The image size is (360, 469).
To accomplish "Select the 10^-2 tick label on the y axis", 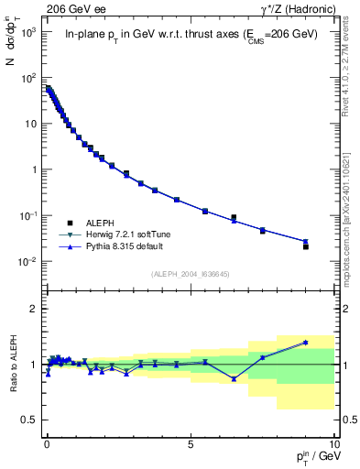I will click(x=27, y=262).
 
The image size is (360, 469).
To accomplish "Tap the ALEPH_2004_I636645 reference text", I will click(x=190, y=274).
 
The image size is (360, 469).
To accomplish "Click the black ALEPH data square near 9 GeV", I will click(x=306, y=246).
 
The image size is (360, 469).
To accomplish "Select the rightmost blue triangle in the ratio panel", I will click(x=306, y=342).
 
